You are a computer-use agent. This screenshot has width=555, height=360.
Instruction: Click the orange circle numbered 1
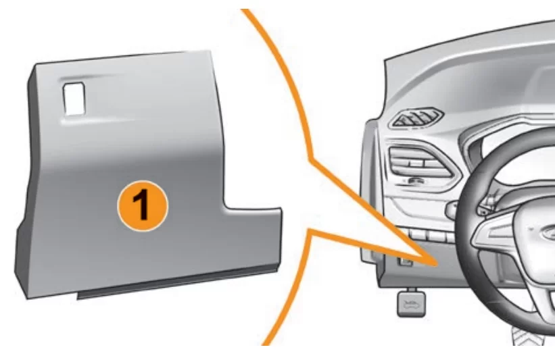[143, 206]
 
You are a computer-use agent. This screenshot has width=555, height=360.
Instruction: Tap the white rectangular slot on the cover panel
[74, 99]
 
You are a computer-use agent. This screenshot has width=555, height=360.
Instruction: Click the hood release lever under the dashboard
[412, 302]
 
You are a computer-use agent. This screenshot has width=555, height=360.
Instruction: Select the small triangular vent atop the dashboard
[416, 118]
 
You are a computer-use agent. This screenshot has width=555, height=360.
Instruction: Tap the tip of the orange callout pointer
[437, 264]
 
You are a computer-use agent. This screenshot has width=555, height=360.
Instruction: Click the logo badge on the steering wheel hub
[548, 232]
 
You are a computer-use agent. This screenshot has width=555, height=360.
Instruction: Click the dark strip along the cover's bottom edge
[177, 284]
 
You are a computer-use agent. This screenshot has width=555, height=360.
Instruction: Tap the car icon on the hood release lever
[412, 304]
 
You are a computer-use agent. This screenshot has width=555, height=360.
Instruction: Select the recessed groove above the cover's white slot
[89, 78]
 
